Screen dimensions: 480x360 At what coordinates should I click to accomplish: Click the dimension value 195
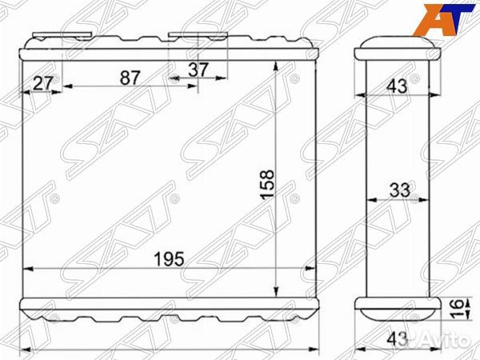[170, 259]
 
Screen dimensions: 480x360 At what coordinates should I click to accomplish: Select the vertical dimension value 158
[267, 184]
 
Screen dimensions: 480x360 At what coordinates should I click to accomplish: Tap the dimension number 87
[130, 78]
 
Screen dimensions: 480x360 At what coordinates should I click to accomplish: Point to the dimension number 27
[43, 83]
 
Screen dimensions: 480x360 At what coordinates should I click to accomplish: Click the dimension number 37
[198, 70]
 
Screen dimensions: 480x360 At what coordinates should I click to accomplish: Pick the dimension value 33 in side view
[400, 190]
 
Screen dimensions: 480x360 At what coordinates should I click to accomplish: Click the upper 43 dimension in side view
[397, 86]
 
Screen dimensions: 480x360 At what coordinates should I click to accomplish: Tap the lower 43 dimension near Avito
[397, 339]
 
